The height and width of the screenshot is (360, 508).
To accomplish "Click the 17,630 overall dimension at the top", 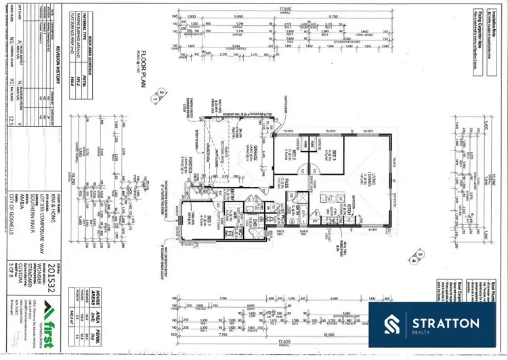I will point(280,8).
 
